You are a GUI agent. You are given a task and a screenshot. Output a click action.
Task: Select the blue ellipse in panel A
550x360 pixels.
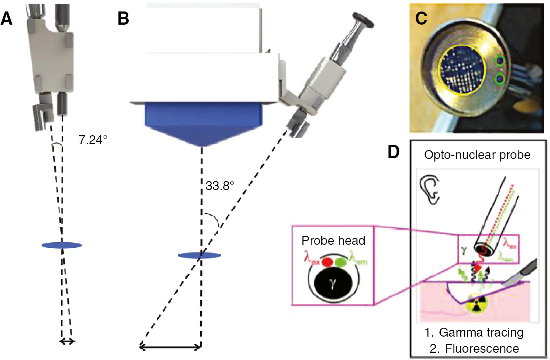(x=62, y=245)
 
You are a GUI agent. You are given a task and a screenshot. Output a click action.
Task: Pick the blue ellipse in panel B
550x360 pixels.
(x=199, y=255)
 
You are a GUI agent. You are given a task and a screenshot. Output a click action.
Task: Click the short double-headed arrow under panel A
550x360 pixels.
(x=67, y=341)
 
